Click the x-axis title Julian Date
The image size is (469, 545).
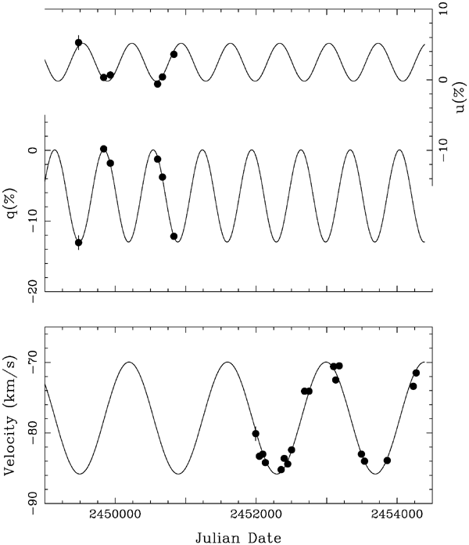click(x=234, y=536)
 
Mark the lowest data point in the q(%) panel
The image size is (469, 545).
click(x=78, y=243)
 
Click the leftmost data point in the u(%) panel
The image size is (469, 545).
click(x=78, y=43)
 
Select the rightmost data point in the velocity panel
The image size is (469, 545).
click(x=416, y=373)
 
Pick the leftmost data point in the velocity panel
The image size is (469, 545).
click(x=256, y=434)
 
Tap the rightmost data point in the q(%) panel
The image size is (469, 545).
click(x=174, y=236)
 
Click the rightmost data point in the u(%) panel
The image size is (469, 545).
click(x=174, y=54)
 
